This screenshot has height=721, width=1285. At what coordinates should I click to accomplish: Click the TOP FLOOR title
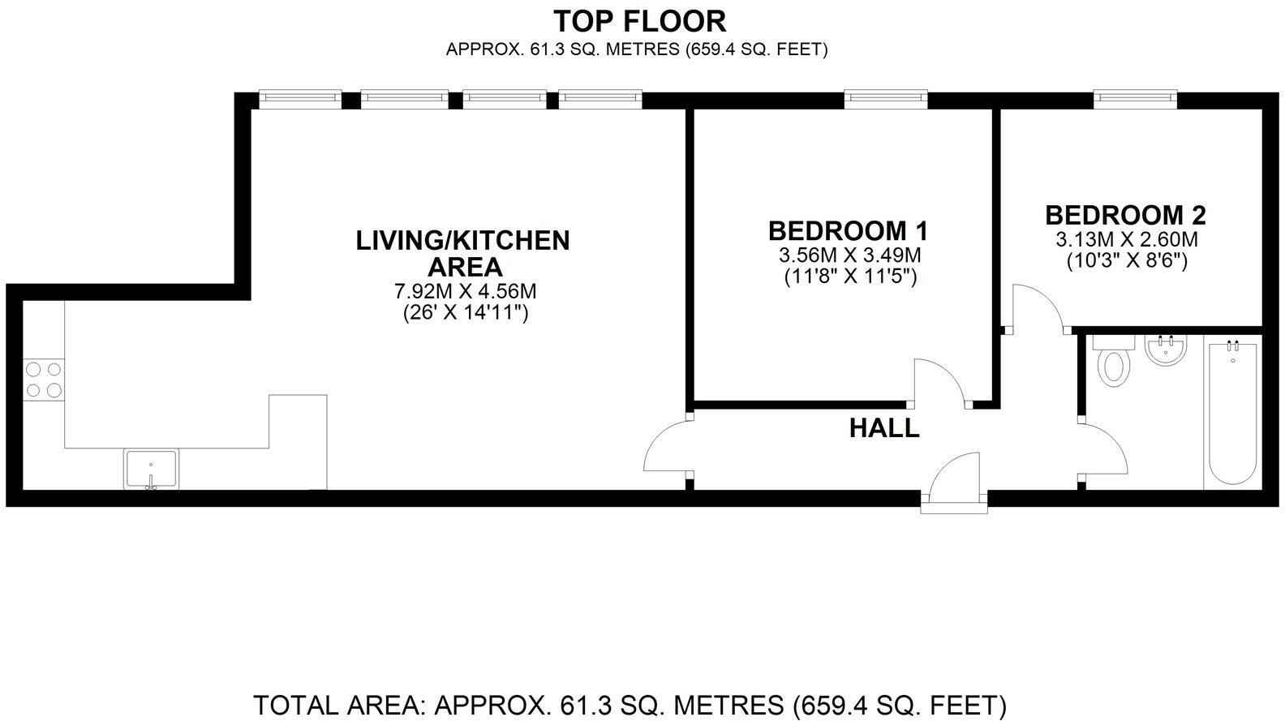coord(639,20)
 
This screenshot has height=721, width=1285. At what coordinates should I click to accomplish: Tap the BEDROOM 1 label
coord(848,231)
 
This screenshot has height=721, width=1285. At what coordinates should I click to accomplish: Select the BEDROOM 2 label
coord(1125,216)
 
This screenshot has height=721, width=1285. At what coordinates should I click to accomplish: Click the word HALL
coord(884,428)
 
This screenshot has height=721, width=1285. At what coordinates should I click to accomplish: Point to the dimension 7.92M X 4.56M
coord(465,291)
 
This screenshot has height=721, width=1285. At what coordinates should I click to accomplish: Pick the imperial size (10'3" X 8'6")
coord(1126,261)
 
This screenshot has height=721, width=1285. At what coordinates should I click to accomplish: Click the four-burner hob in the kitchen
coord(44,380)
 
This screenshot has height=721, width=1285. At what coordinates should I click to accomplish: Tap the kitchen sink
coord(151,469)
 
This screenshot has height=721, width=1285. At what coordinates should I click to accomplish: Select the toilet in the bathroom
coord(1114,363)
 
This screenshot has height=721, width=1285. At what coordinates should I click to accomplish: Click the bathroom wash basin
coord(1167,350)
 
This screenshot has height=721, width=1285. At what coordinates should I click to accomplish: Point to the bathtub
coord(1231,414)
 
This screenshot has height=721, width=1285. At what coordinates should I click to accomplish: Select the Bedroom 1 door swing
coord(939,381)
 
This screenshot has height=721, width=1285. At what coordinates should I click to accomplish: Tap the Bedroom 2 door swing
coord(1036,309)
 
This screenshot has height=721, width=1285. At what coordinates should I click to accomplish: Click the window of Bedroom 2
coord(1135,98)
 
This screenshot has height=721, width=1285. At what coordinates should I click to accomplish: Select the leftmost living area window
coord(299,98)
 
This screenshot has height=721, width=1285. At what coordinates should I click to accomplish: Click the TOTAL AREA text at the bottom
coord(630,704)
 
